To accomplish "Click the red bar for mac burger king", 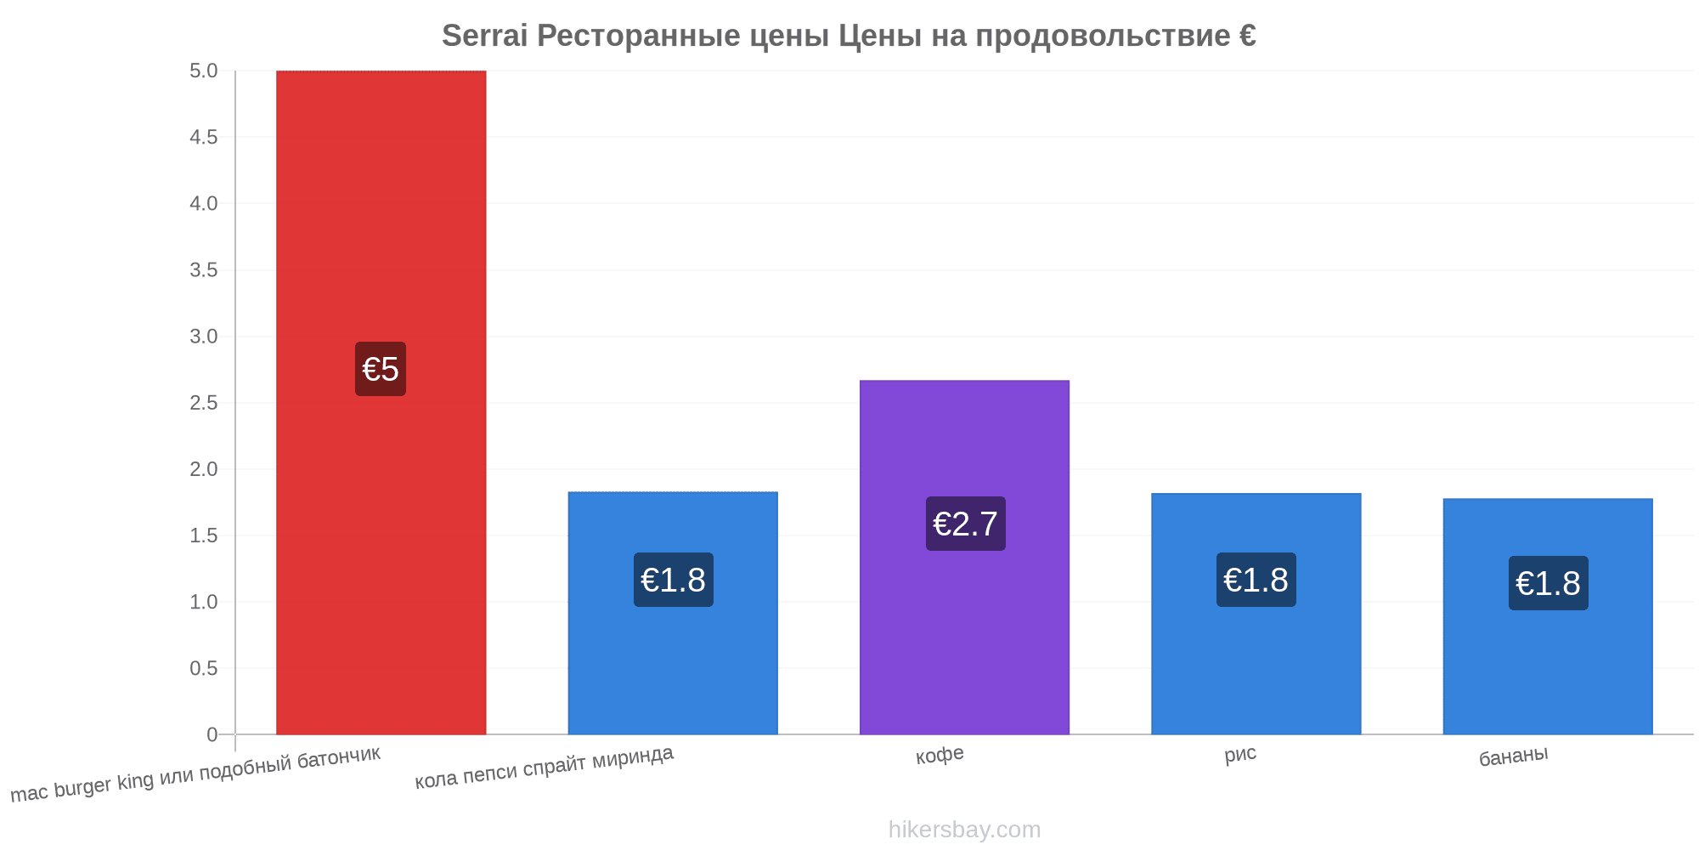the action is pyautogui.click(x=381, y=402).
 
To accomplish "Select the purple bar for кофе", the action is pyautogui.click(x=964, y=557).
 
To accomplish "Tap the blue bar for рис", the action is pyautogui.click(x=1256, y=614).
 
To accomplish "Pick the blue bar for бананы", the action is pyautogui.click(x=1548, y=616).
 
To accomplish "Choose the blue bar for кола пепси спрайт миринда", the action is pyautogui.click(x=673, y=613).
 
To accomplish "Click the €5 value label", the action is pyautogui.click(x=381, y=369).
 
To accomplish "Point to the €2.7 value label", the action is pyautogui.click(x=965, y=524).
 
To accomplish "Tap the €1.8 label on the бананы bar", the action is pyautogui.click(x=1548, y=583).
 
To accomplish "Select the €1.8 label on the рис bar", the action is pyautogui.click(x=1256, y=580).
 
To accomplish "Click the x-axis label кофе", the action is pyautogui.click(x=940, y=755).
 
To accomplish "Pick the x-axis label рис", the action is pyautogui.click(x=1240, y=754).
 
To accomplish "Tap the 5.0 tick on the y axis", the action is pyautogui.click(x=204, y=71).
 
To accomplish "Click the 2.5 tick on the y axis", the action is pyautogui.click(x=204, y=403).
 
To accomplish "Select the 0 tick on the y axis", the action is pyautogui.click(x=212, y=735).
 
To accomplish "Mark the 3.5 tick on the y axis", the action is pyautogui.click(x=204, y=270).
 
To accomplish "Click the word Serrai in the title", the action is pyautogui.click(x=484, y=36).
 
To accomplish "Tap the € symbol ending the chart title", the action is pyautogui.click(x=1247, y=36).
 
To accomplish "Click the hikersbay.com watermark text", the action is pyautogui.click(x=964, y=830).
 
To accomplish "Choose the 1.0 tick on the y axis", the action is pyautogui.click(x=204, y=603).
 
